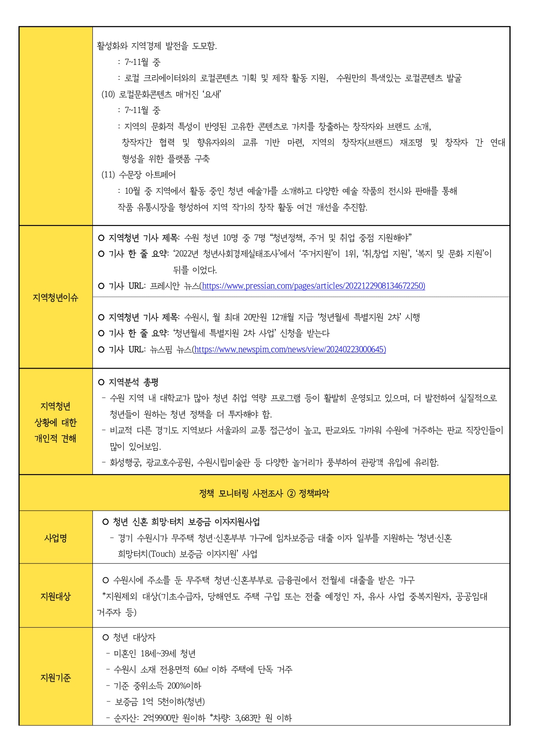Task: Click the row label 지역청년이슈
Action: [x=55, y=297]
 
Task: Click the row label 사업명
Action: [x=55, y=538]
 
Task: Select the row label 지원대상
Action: [x=55, y=596]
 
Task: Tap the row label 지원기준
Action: [x=55, y=677]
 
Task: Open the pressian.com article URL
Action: [x=313, y=286]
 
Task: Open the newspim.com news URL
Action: [x=290, y=350]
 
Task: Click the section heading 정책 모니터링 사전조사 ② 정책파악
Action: [x=264, y=493]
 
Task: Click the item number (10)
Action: [x=108, y=94]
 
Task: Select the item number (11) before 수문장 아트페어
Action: [x=108, y=175]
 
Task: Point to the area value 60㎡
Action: [x=201, y=670]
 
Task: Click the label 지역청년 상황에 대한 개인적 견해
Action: [x=55, y=422]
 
